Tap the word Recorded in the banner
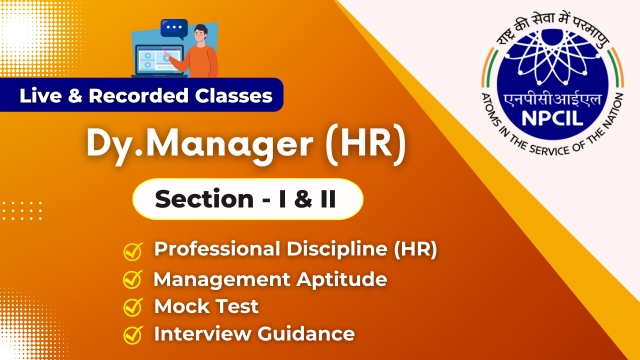point(138,96)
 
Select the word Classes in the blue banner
point(233,96)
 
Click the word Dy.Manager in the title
point(200,145)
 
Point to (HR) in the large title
point(366,144)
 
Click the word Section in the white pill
point(204,199)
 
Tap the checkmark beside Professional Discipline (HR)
point(133,251)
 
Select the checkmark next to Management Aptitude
point(133,279)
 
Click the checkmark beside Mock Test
point(133,307)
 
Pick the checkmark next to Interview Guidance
point(133,335)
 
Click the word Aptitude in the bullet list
point(342,280)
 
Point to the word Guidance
point(306,334)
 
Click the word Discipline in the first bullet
point(337,249)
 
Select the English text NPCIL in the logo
point(552,118)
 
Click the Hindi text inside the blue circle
point(552,99)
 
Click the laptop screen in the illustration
point(159,60)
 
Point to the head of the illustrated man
point(201,35)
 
